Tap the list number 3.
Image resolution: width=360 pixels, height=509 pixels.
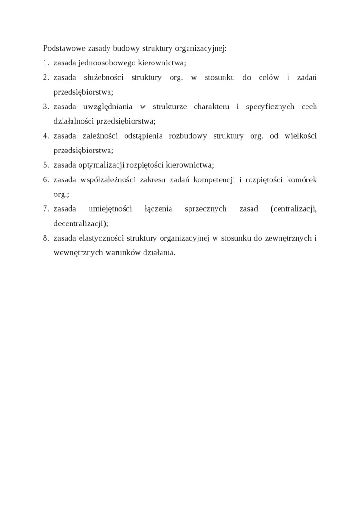pyautogui.click(x=46, y=107)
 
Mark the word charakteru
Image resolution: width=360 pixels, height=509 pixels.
pyautogui.click(x=211, y=107)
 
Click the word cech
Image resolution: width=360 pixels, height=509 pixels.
pyautogui.click(x=309, y=107)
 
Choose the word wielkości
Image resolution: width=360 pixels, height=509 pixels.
pyautogui.click(x=301, y=136)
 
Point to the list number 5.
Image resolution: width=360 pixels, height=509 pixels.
pyautogui.click(x=46, y=165)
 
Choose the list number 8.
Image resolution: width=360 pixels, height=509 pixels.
pyautogui.click(x=46, y=238)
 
